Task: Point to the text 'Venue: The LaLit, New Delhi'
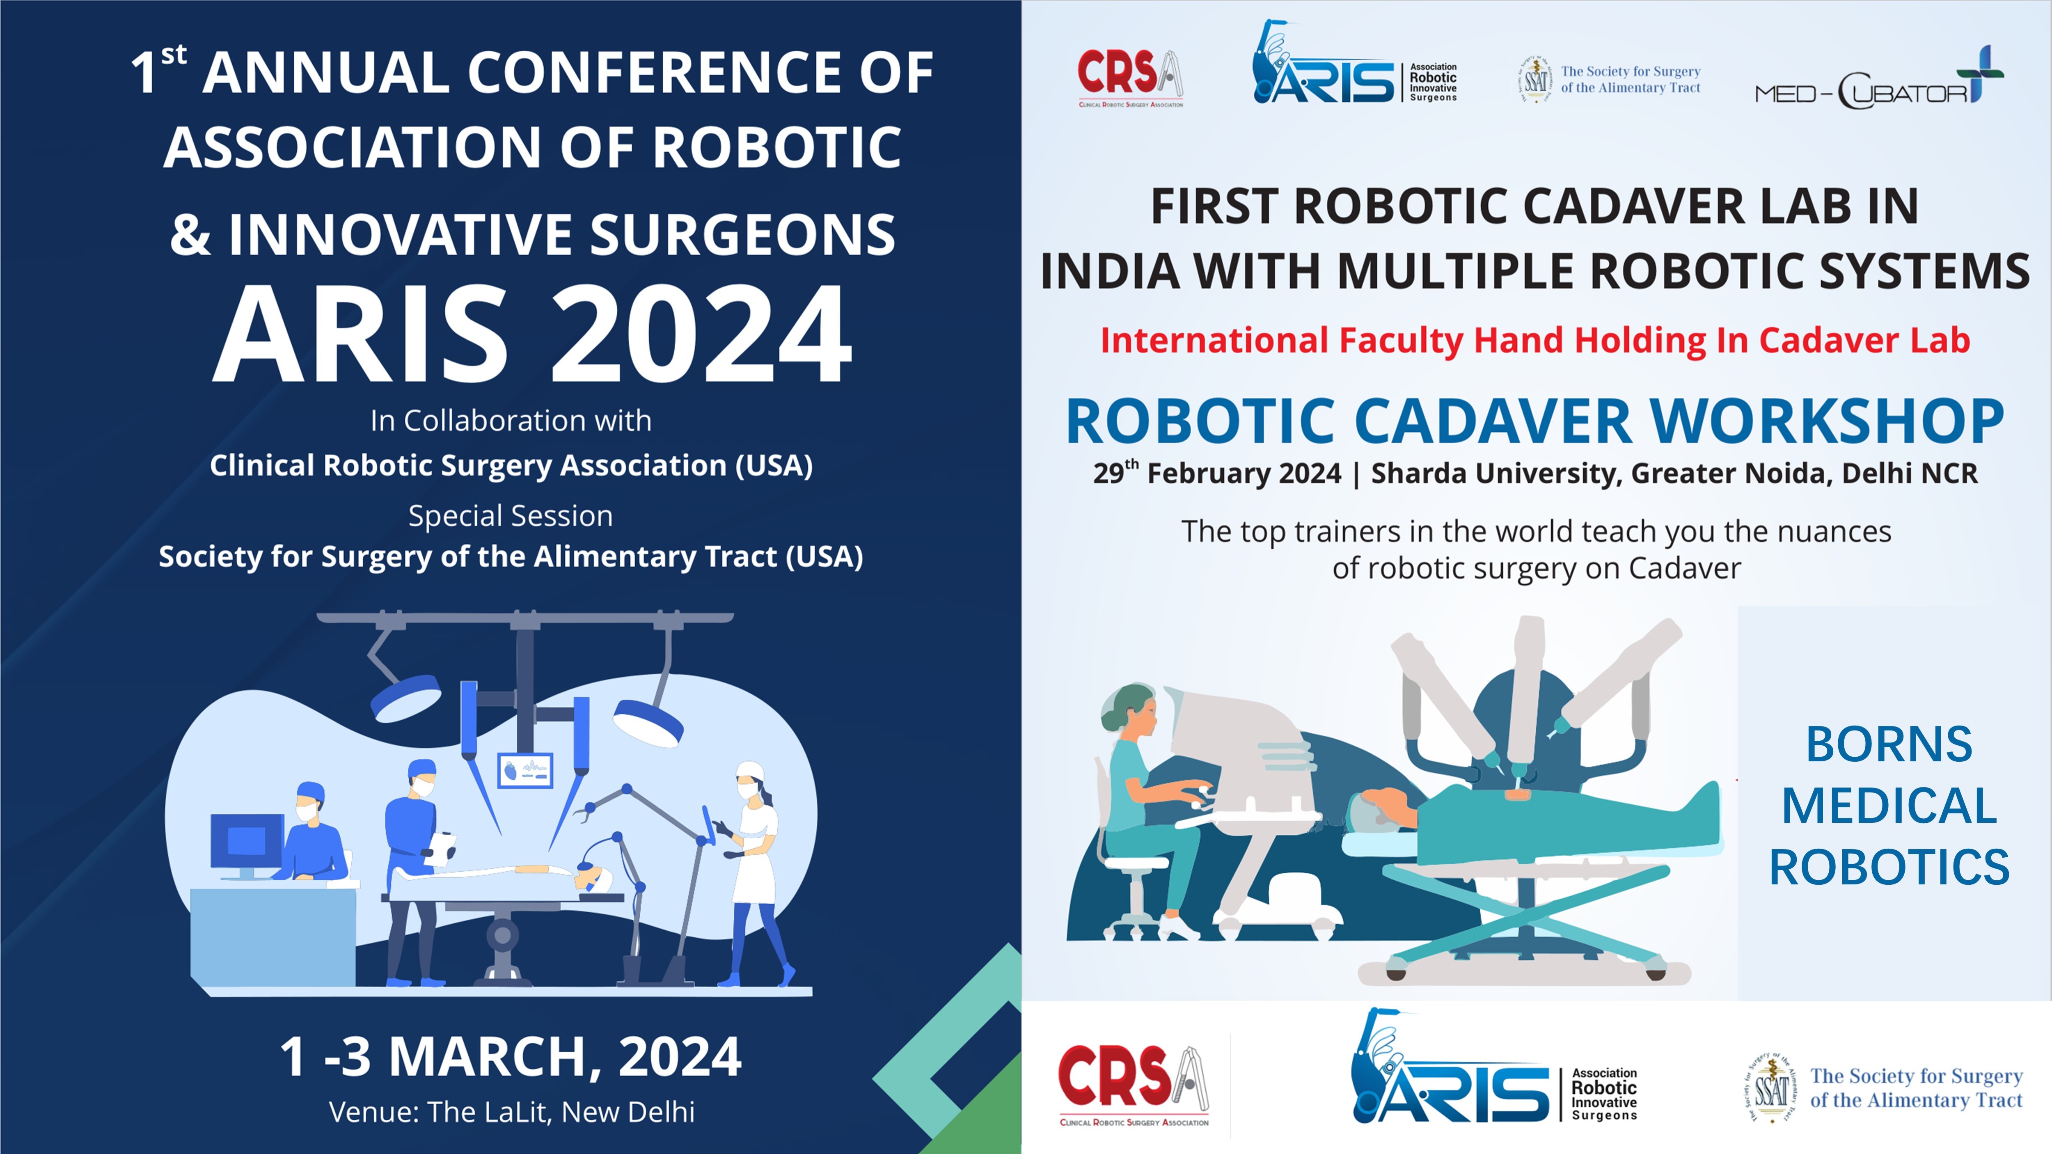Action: coord(511,1112)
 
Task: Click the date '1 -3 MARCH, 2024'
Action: coord(511,1057)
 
